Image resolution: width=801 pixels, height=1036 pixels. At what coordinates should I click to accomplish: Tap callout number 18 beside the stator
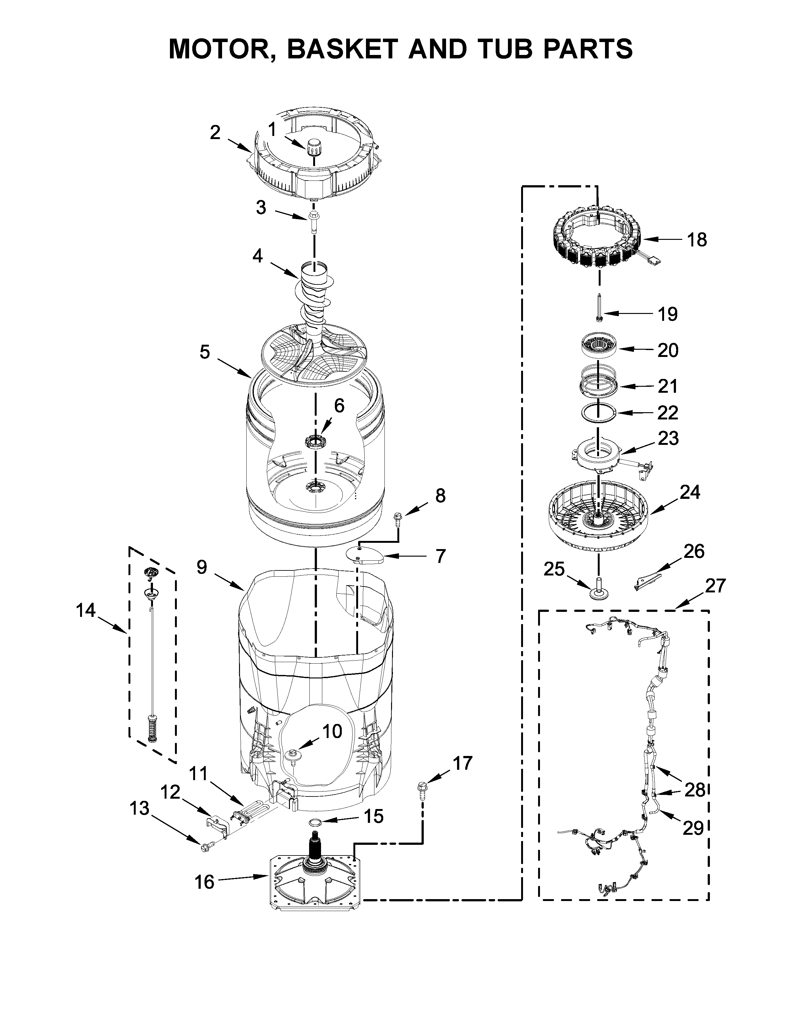(697, 240)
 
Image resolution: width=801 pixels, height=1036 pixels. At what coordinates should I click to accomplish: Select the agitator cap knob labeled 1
(313, 147)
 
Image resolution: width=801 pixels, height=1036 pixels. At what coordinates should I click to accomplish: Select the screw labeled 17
(421, 791)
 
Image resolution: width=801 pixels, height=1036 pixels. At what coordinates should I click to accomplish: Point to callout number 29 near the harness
(693, 828)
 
